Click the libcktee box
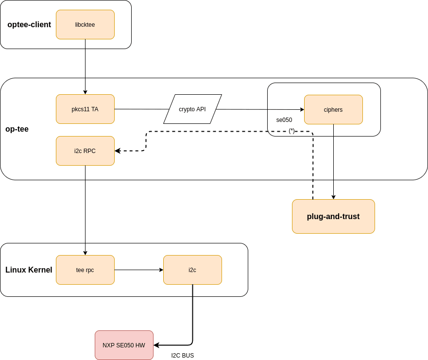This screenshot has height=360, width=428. (85, 24)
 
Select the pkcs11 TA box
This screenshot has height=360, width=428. (85, 109)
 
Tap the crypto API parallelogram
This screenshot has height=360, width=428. (192, 109)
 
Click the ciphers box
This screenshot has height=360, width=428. (333, 109)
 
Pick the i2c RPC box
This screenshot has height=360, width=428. (85, 151)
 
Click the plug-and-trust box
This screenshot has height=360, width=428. (333, 216)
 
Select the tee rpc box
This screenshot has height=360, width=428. (85, 270)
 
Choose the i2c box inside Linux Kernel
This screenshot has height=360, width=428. (192, 270)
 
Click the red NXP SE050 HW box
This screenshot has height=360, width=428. (124, 345)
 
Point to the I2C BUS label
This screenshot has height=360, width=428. (183, 356)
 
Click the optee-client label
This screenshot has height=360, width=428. (29, 24)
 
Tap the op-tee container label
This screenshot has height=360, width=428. (17, 129)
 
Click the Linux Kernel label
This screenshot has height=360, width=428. (29, 270)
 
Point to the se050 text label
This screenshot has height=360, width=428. (284, 120)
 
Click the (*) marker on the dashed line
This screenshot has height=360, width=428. (291, 131)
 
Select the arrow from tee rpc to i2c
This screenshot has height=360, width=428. (138, 270)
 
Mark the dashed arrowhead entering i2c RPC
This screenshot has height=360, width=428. (118, 151)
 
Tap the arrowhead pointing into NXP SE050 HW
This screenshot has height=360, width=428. (156, 345)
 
